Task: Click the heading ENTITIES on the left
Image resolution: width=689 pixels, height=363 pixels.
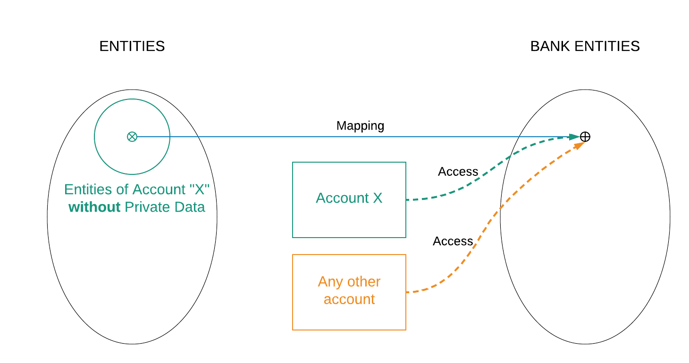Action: tap(132, 46)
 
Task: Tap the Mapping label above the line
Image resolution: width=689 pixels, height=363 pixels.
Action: tap(360, 126)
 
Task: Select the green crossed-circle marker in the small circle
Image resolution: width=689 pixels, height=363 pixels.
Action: tap(132, 137)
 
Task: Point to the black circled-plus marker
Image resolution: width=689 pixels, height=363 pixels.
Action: tap(585, 137)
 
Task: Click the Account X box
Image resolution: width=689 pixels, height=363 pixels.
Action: tap(349, 200)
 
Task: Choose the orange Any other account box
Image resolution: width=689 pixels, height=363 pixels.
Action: tap(349, 292)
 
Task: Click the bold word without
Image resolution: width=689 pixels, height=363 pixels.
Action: tap(94, 207)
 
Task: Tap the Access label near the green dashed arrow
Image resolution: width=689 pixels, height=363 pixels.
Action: tap(458, 172)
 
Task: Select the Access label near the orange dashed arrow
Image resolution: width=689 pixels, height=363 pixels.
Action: tap(453, 241)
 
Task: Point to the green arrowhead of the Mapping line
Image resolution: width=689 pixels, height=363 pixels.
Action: tap(574, 137)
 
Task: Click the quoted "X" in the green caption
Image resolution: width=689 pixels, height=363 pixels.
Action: tap(199, 190)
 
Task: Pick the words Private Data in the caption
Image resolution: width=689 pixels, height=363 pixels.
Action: tap(165, 207)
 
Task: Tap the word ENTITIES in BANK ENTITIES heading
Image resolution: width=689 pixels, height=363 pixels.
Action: tap(607, 46)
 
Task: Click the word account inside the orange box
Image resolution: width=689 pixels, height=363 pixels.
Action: tap(349, 299)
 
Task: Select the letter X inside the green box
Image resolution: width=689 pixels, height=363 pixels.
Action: tap(377, 198)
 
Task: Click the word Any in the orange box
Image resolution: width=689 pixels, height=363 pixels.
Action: tap(329, 282)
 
